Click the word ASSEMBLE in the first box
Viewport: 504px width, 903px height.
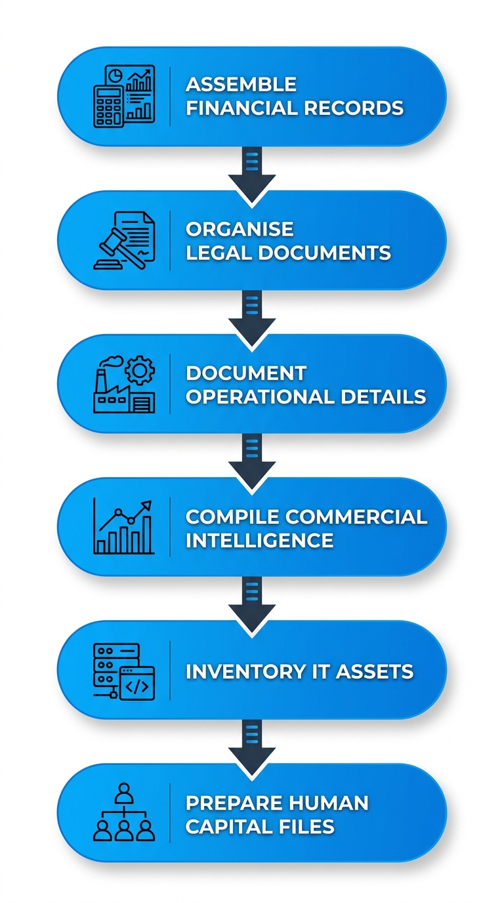tap(241, 84)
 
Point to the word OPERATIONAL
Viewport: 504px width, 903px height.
tap(258, 396)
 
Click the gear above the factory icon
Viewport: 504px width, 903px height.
tap(140, 371)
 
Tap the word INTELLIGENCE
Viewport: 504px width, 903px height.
tap(259, 540)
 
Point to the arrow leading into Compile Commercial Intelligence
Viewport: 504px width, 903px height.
tap(252, 457)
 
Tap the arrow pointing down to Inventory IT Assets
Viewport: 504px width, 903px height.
tap(252, 600)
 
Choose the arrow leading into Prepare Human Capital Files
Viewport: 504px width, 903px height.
tap(252, 744)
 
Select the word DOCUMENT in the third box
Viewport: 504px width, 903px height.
tap(246, 373)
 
